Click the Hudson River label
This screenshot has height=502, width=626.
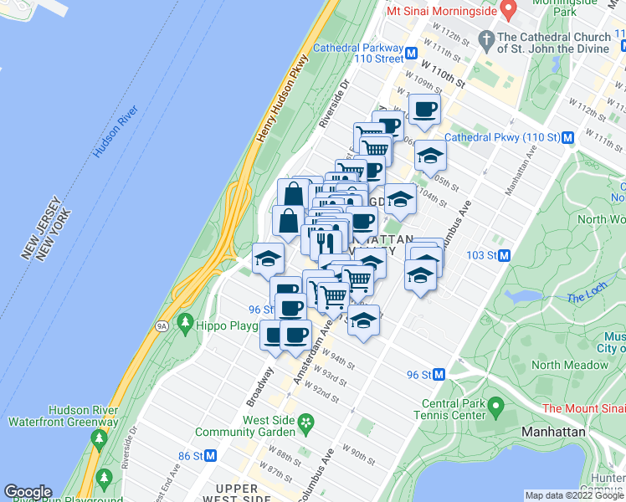click(x=115, y=132)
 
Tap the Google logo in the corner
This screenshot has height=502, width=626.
click(x=28, y=492)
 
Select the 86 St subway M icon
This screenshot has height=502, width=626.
click(x=211, y=456)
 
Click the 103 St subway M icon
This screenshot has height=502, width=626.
click(x=505, y=255)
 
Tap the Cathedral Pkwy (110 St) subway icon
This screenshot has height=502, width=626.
click(x=567, y=137)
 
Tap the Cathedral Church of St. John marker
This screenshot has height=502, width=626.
click(x=486, y=38)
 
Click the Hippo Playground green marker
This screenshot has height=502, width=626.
click(x=185, y=323)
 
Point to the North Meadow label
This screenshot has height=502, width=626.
click(x=570, y=365)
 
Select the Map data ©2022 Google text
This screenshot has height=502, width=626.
click(x=575, y=495)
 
